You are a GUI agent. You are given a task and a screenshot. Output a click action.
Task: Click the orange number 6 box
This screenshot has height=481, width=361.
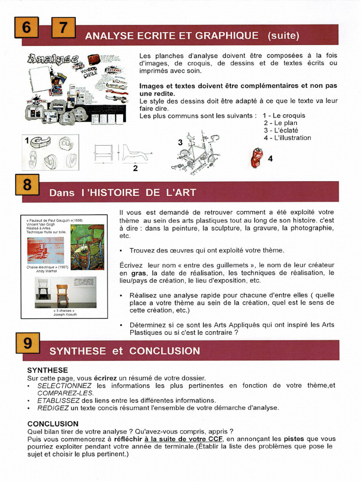(26, 28)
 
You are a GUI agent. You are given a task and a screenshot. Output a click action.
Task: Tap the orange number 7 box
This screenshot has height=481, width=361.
(63, 28)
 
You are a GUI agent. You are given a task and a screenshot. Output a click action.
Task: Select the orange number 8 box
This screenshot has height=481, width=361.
(27, 185)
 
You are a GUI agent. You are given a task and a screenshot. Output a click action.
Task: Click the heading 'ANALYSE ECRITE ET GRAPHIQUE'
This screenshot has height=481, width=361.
(172, 36)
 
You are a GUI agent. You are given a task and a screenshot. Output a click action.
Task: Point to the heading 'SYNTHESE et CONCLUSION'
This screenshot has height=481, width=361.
(125, 351)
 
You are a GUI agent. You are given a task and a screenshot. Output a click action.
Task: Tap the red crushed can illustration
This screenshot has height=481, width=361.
(256, 157)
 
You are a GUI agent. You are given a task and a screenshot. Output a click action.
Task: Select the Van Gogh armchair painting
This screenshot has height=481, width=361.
(87, 247)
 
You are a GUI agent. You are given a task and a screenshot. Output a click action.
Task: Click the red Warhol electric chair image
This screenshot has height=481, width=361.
(46, 250)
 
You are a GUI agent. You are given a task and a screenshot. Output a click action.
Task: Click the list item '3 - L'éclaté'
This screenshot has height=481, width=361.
(281, 130)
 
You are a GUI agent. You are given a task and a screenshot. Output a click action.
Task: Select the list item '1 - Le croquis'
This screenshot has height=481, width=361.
(283, 115)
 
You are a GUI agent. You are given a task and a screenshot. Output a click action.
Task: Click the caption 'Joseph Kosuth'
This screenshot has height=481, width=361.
(65, 315)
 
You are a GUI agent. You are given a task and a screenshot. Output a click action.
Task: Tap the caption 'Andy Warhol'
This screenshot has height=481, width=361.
(46, 271)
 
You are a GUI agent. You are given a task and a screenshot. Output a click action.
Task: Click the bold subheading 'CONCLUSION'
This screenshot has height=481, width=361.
(53, 424)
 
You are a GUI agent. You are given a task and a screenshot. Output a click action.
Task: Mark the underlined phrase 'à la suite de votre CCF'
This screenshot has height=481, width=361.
(183, 439)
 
